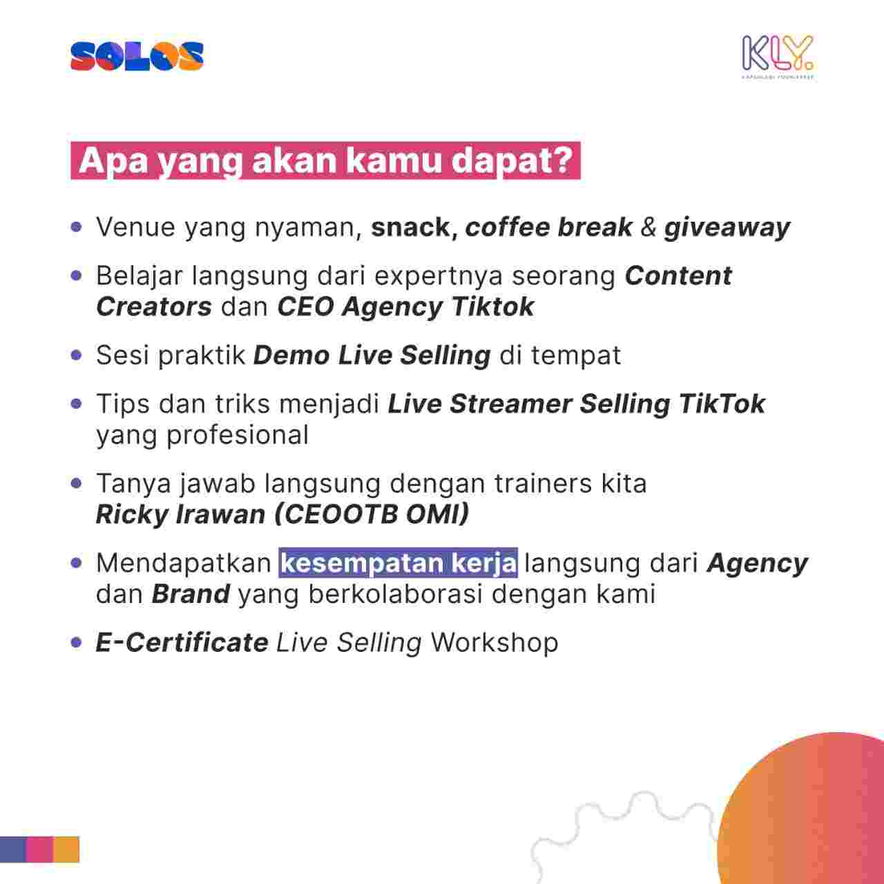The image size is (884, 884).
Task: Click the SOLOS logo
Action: (137, 57)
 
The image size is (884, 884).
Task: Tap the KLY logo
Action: (778, 57)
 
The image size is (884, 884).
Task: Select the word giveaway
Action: (727, 228)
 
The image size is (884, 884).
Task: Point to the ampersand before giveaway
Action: (648, 227)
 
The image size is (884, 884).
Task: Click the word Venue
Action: (135, 227)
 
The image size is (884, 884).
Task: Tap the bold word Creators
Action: (154, 307)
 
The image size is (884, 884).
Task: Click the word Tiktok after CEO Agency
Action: (492, 307)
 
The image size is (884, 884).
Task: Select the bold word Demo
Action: (291, 355)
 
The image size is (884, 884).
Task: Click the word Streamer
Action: (510, 404)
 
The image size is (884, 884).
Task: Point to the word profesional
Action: (237, 435)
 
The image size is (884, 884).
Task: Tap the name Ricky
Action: (132, 515)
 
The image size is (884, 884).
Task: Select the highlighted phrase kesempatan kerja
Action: (398, 563)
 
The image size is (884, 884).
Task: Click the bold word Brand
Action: (191, 594)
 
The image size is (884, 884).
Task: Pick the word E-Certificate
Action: (182, 643)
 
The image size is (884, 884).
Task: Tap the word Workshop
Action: (494, 643)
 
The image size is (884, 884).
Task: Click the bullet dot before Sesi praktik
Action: (77, 355)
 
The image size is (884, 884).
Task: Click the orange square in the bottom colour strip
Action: (66, 849)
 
